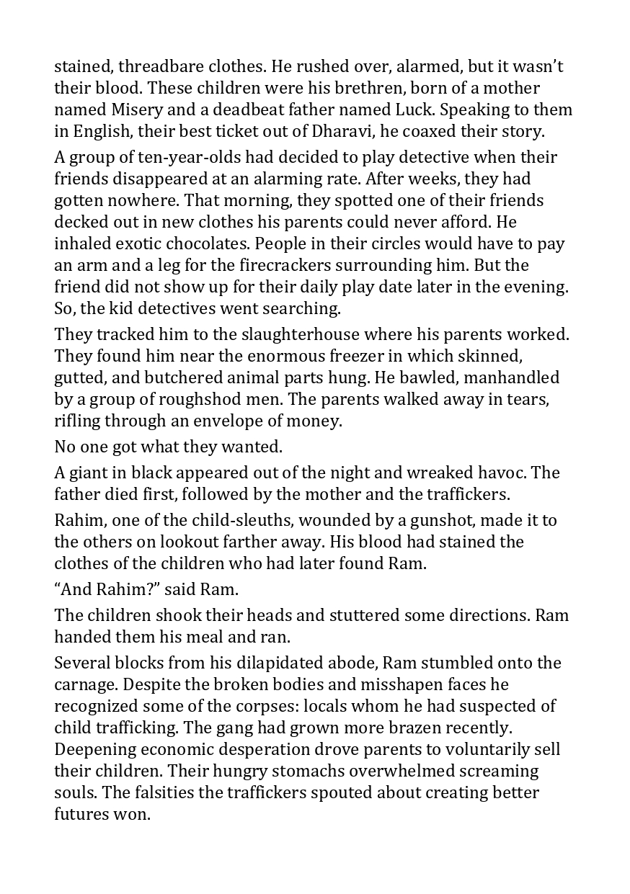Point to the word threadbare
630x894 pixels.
coord(159,66)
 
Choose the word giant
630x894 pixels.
coord(87,473)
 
